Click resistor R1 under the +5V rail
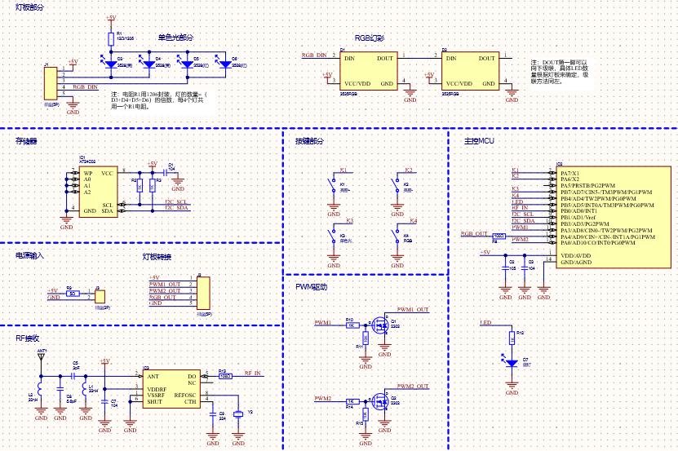coord(110,38)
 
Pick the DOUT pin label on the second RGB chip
coord(486,59)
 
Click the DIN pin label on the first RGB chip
coord(349,59)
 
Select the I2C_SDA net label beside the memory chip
coord(176,209)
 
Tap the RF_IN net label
coord(253,373)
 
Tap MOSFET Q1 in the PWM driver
coord(379,325)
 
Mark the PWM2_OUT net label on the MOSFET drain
coord(413,385)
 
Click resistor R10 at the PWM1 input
coord(351,325)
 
